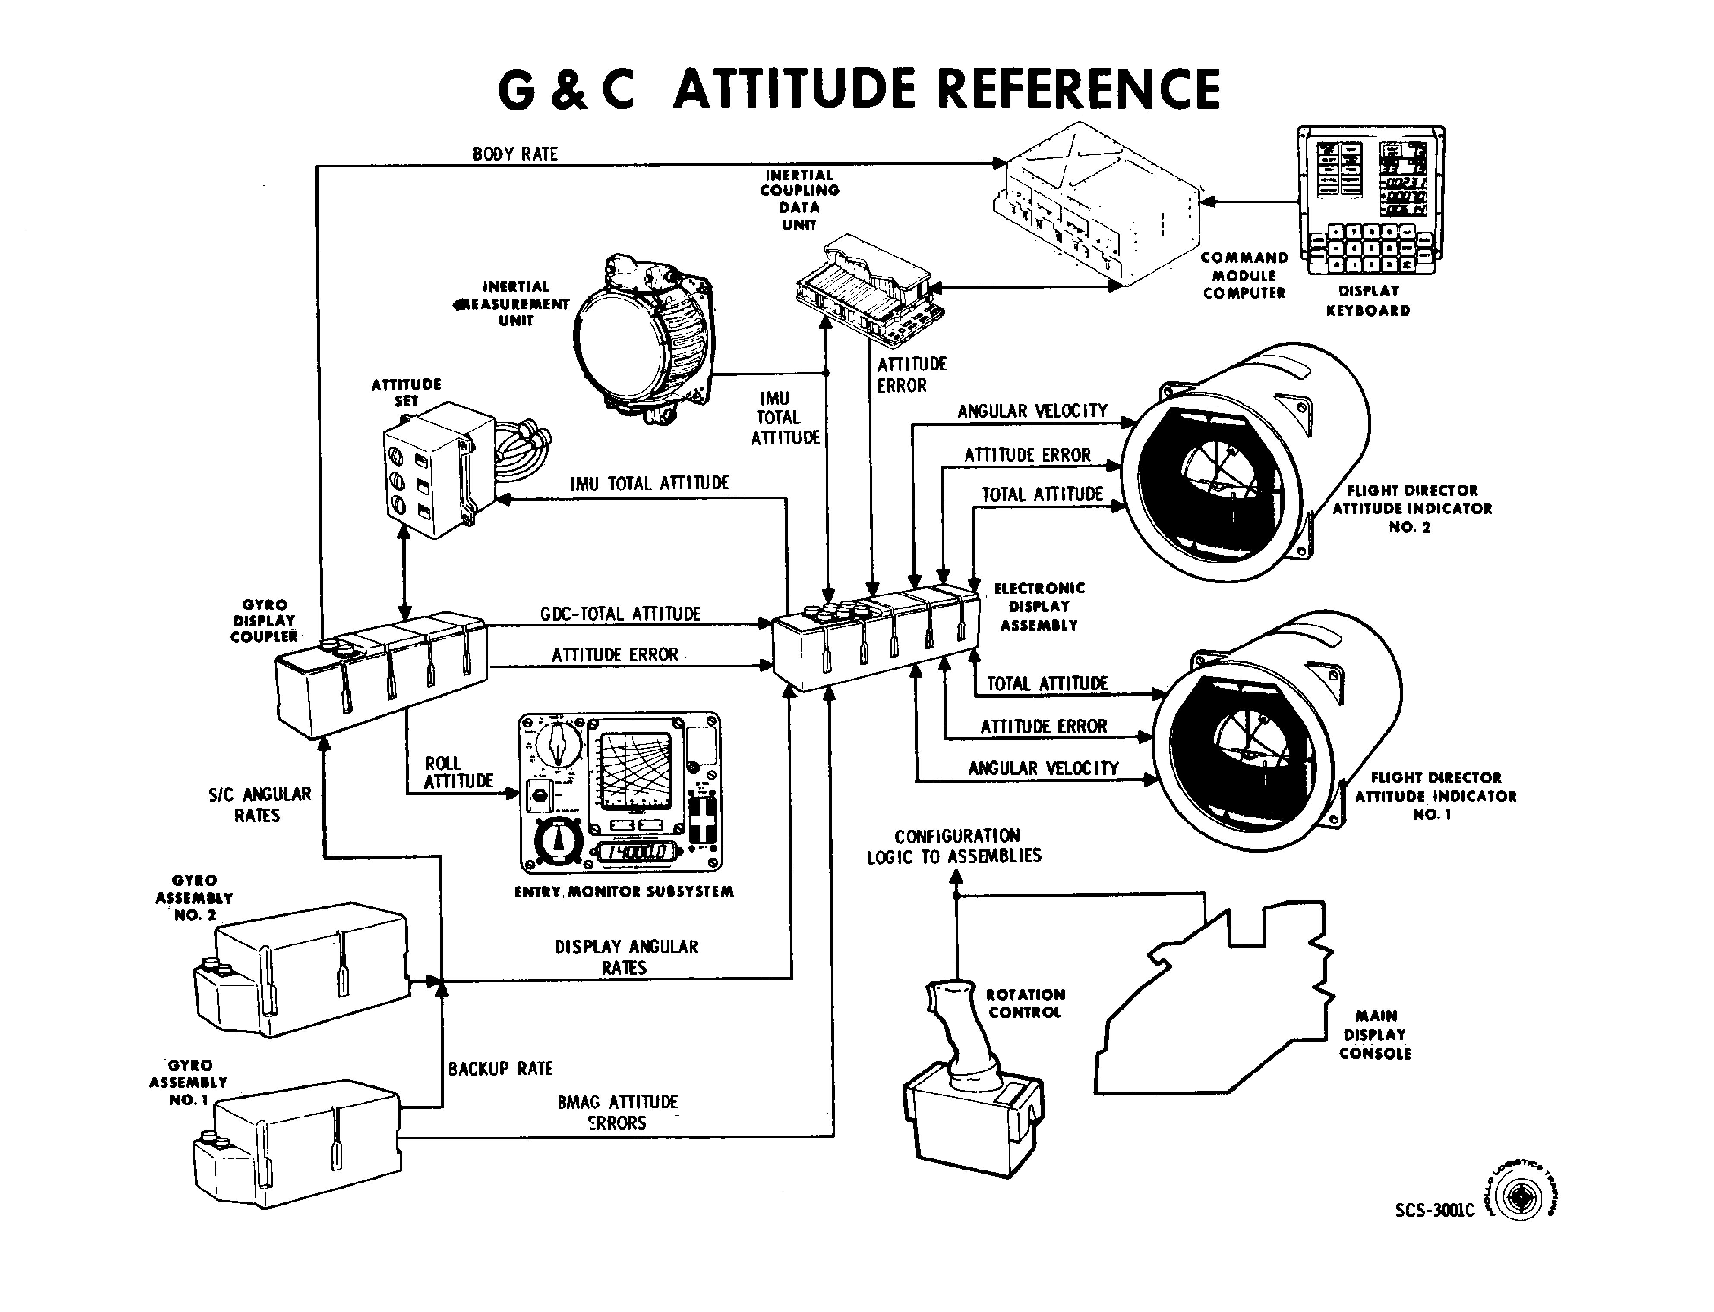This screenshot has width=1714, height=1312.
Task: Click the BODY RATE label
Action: pyautogui.click(x=515, y=154)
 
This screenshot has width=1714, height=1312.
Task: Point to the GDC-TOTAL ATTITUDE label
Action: pyautogui.click(x=620, y=614)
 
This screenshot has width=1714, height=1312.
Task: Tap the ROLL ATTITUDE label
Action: pyautogui.click(x=458, y=771)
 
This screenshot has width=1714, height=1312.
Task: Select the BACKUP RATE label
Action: pyautogui.click(x=500, y=1068)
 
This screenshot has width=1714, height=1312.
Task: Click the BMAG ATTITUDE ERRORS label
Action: pyautogui.click(x=617, y=1112)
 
